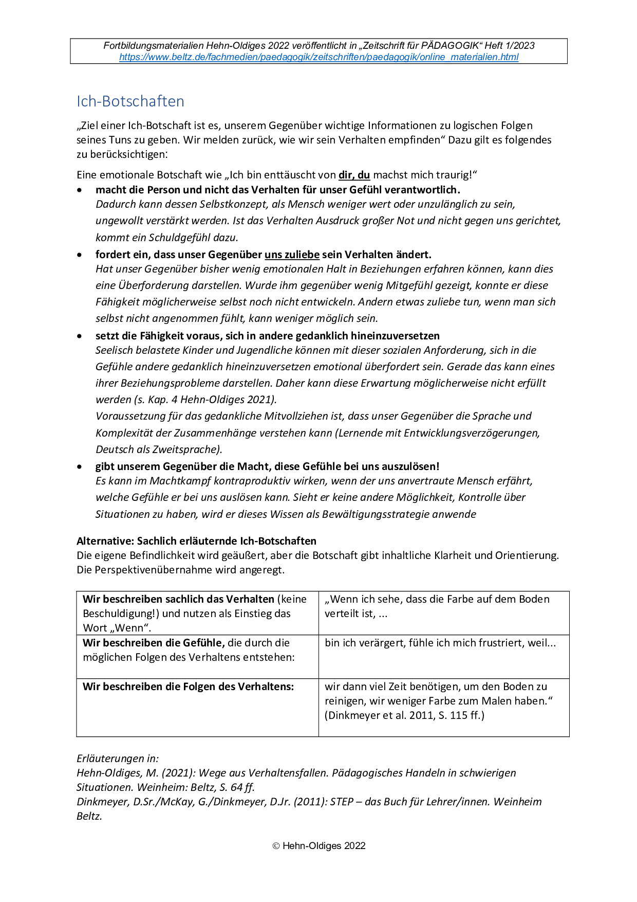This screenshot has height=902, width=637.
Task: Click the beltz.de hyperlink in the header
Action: click(x=318, y=57)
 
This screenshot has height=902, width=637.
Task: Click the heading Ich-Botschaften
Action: click(x=130, y=101)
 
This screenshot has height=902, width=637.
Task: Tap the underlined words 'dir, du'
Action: click(x=354, y=175)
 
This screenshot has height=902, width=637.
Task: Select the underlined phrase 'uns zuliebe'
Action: click(x=292, y=255)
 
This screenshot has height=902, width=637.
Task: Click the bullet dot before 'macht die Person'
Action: click(x=80, y=190)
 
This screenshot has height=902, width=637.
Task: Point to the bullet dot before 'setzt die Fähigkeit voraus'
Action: click(x=80, y=336)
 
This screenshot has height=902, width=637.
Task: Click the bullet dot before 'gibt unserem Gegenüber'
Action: click(x=80, y=467)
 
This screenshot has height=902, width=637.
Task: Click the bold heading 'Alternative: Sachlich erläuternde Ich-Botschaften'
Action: click(x=196, y=541)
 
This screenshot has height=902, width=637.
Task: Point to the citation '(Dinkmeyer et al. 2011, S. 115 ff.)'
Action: click(x=404, y=715)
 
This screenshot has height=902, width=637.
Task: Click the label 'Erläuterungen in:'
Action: click(x=118, y=759)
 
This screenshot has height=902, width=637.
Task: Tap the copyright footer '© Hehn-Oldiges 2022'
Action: click(x=318, y=846)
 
